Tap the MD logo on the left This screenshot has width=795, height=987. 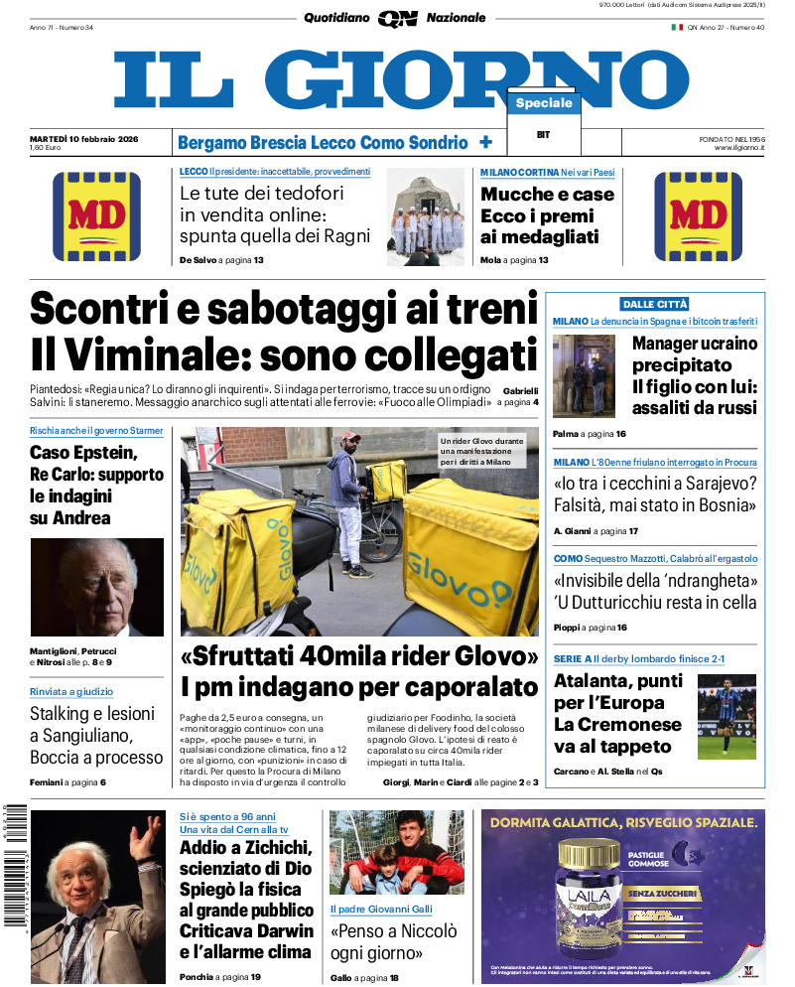(x=96, y=216)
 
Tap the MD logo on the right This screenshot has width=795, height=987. (x=698, y=216)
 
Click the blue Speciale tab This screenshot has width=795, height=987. (x=544, y=103)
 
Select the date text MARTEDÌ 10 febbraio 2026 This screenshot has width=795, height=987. (x=83, y=138)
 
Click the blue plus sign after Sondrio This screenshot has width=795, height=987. (x=486, y=142)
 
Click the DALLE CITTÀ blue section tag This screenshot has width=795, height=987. (x=654, y=304)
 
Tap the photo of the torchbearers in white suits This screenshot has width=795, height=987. (x=425, y=218)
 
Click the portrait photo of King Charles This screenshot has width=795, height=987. (x=96, y=587)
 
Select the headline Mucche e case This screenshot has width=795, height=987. (x=547, y=195)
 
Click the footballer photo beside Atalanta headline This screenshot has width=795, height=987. (x=727, y=715)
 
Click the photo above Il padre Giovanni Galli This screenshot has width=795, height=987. (x=397, y=852)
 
